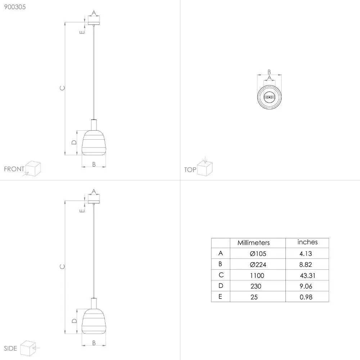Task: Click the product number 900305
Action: pos(15,7)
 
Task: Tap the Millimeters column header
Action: pos(253,243)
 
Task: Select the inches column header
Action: pos(307,242)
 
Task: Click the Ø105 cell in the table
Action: pos(258,253)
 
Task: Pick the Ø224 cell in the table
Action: pos(258,265)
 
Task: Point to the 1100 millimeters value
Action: pos(257,275)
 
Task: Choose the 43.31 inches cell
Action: pos(308,275)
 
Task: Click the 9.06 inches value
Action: pos(306,286)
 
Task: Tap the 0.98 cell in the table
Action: pos(306,297)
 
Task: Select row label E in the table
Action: pos(220,297)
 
